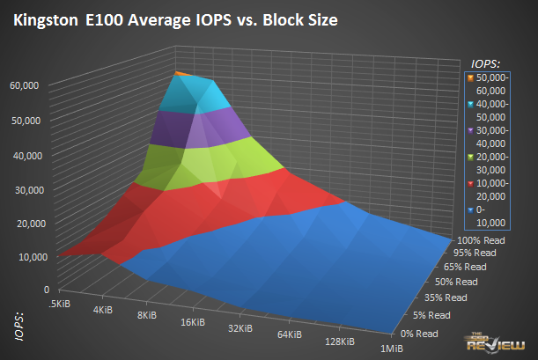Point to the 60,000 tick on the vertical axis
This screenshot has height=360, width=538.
(30, 84)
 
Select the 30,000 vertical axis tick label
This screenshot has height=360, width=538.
(30, 189)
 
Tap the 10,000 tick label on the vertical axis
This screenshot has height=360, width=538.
(30, 256)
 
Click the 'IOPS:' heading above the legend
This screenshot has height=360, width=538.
(485, 63)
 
